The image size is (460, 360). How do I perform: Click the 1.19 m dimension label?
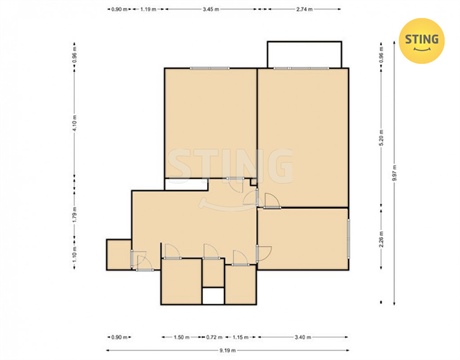point(148,8)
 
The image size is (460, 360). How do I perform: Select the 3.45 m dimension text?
point(209,8)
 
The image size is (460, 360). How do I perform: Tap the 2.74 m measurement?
point(304,8)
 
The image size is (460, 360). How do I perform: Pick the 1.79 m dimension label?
point(74,213)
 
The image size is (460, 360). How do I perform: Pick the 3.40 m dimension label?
point(303,337)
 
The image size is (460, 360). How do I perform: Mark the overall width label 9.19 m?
point(229,351)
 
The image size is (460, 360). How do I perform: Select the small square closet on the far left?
point(118,255)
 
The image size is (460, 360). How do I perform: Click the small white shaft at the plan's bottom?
point(212,296)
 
